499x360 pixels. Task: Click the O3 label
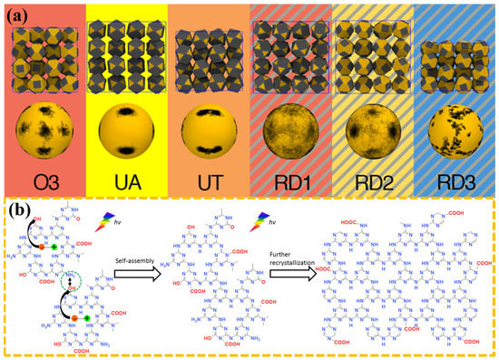click(x=42, y=182)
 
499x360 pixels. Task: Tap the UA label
click(x=124, y=182)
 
